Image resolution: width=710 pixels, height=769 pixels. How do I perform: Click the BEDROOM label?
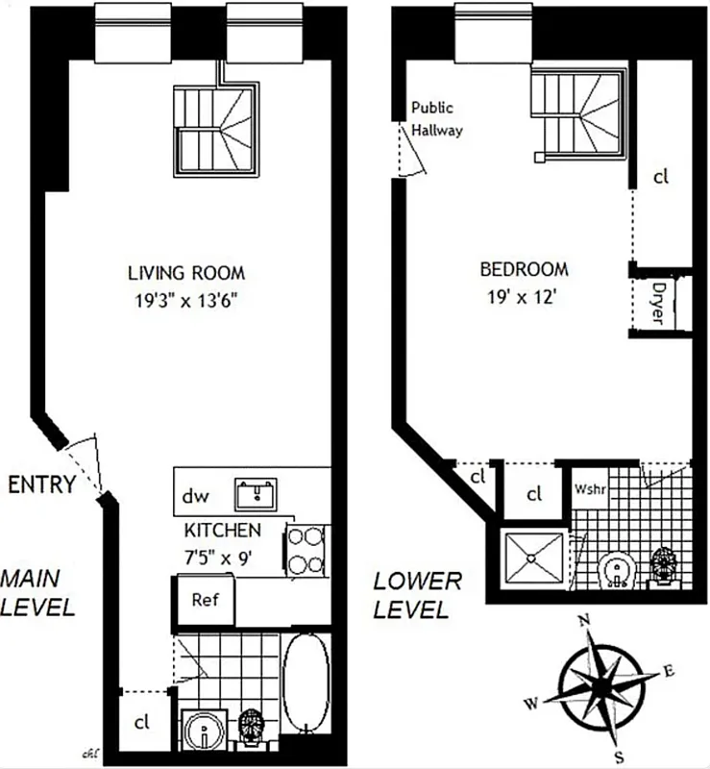pos(526,269)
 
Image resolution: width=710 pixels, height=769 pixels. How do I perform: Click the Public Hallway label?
pos(437,119)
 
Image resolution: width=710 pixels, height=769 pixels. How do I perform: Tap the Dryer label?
pos(658,303)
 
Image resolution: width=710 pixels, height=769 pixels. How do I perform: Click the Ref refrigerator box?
pos(205,600)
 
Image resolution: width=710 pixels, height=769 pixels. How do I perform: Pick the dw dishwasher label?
pos(196,497)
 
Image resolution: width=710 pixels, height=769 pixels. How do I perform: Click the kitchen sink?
pos(257,495)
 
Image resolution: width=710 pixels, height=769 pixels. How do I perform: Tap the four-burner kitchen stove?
pos(306,551)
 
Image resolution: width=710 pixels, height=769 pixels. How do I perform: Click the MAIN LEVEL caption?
pos(37,593)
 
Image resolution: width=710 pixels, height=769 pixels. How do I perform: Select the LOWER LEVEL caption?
pos(417,595)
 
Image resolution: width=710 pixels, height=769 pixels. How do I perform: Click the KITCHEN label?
pos(222,530)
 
